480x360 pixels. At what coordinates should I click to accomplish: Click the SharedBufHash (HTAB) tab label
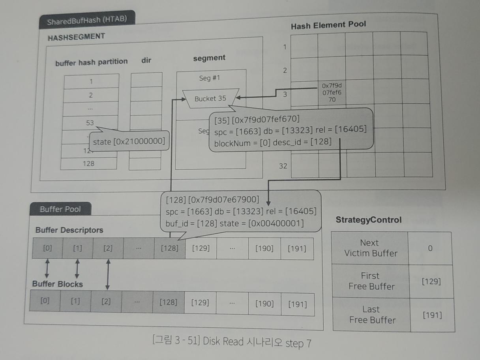click(87, 20)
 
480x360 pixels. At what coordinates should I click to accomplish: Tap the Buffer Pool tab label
click(60, 209)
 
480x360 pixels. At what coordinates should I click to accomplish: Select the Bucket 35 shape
click(210, 98)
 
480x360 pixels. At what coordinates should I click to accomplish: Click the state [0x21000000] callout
click(129, 141)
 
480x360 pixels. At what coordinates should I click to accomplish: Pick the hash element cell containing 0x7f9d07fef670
click(332, 93)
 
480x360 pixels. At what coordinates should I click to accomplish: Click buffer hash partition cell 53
click(90, 123)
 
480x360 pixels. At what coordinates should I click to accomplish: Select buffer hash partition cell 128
click(89, 163)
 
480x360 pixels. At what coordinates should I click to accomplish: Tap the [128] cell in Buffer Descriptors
click(169, 249)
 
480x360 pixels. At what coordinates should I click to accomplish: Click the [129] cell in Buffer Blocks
click(200, 303)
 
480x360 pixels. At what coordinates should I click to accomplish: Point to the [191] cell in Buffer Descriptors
click(296, 249)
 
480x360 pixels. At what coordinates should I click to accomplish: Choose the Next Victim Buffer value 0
click(430, 248)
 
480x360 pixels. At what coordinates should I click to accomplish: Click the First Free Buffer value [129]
click(431, 281)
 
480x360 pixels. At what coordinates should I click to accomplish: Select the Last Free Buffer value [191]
click(432, 315)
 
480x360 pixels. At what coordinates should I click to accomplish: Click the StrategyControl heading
click(369, 220)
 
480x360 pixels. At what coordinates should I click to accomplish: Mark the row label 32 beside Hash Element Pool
click(283, 166)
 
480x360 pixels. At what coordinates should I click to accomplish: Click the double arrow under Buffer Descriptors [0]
click(47, 268)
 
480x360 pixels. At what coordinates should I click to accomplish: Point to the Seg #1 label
click(210, 78)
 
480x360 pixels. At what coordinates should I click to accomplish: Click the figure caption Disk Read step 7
click(232, 342)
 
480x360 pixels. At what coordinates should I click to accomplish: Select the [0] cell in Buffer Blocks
click(45, 300)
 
